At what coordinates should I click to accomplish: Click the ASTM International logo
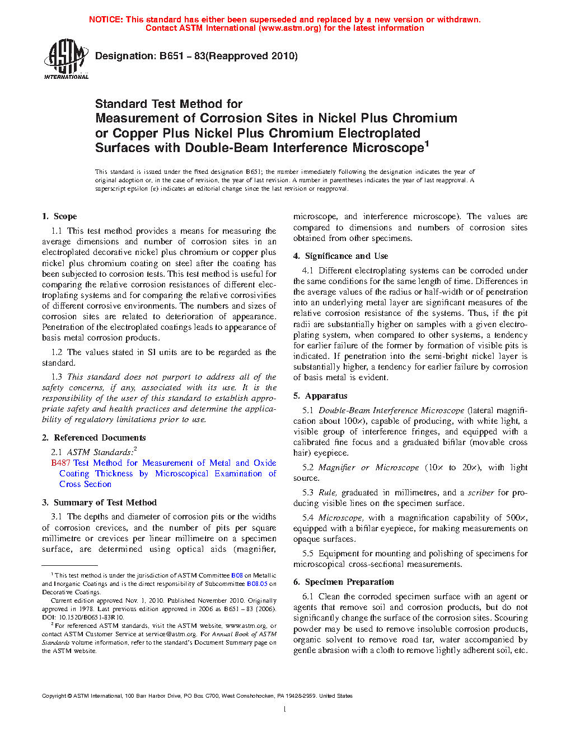click(x=66, y=59)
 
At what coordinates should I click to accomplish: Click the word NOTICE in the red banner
click(x=106, y=20)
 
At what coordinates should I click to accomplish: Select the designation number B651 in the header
click(x=171, y=56)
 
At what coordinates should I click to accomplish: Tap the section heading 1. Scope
click(x=59, y=216)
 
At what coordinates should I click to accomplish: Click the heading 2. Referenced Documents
click(x=93, y=438)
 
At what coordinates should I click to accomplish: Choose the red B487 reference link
click(x=60, y=463)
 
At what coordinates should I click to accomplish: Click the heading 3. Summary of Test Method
click(x=99, y=503)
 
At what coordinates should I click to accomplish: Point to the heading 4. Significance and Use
click(x=340, y=256)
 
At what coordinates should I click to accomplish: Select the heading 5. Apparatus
click(x=320, y=396)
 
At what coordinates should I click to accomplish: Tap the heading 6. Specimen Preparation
click(x=343, y=582)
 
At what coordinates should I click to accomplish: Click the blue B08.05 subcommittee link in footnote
click(x=257, y=584)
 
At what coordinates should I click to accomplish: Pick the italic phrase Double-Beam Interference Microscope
click(x=391, y=410)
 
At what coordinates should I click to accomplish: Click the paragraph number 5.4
click(x=308, y=518)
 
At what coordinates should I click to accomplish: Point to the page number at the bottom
click(x=285, y=709)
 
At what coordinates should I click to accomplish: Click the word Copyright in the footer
click(x=54, y=696)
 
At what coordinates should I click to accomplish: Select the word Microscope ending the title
click(x=388, y=148)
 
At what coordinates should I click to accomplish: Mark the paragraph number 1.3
click(x=57, y=377)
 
